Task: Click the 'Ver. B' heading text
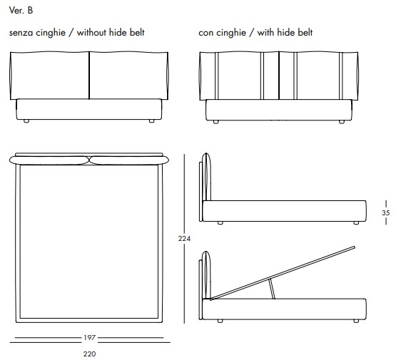(21, 10)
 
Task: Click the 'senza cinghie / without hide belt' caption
(77, 33)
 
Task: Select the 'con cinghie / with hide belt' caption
(255, 33)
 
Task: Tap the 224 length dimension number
(184, 238)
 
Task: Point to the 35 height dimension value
(385, 212)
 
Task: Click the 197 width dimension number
(89, 337)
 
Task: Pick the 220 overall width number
(89, 354)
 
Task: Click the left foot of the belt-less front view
(26, 121)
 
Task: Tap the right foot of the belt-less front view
(152, 121)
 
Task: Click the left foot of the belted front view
(216, 122)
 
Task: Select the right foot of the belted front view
(342, 122)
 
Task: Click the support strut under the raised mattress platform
(272, 289)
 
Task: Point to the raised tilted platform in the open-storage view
(283, 273)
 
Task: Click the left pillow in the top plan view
(49, 160)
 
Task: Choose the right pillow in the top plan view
(129, 160)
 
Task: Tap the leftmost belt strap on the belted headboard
(217, 76)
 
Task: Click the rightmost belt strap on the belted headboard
(340, 76)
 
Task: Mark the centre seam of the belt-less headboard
(89, 76)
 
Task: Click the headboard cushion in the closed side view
(207, 177)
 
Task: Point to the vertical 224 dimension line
(184, 239)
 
